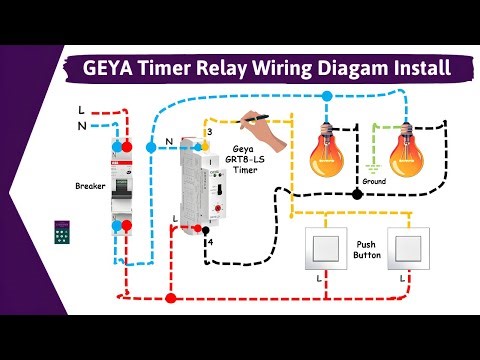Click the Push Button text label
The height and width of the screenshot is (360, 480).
[367, 250]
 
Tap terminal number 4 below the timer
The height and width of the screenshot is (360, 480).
[209, 242]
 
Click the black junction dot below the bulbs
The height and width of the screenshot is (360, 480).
[357, 192]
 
